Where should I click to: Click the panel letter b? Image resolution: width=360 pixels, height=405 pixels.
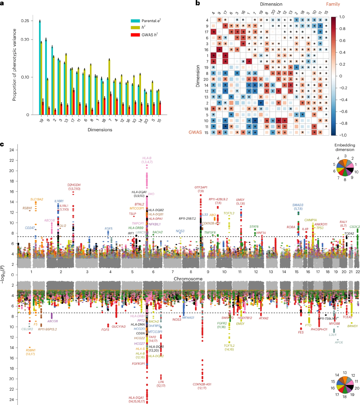click(198, 4)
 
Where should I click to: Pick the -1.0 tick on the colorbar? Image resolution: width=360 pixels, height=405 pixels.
click(346, 135)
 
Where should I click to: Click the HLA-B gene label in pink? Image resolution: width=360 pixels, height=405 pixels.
click(147, 158)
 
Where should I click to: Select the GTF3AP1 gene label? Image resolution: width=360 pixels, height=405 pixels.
click(201, 187)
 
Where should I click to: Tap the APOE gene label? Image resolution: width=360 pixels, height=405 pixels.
click(339, 342)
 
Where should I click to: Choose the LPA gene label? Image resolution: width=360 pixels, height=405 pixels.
click(161, 382)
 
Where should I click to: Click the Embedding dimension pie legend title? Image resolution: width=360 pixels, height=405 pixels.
click(345, 148)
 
